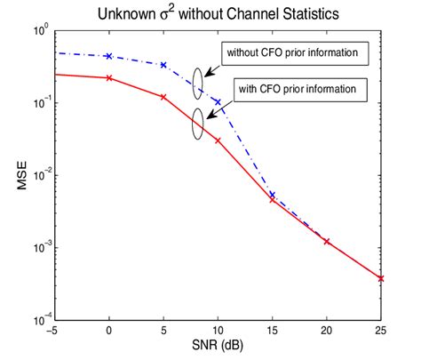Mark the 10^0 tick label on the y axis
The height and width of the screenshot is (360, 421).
38,32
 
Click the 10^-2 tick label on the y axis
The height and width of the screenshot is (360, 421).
38,174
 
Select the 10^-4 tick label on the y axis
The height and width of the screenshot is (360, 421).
38,317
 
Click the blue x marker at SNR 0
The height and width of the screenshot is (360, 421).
109,55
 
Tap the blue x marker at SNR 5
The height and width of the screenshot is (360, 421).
163,65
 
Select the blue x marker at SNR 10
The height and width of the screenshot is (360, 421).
218,102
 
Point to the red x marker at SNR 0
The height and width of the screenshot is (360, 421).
109,77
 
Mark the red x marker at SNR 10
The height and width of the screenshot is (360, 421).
218,140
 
